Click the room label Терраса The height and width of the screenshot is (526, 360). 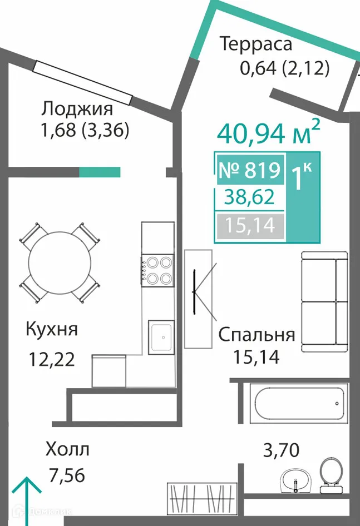click(x=255, y=44)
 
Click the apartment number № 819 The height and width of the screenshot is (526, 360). click(x=249, y=170)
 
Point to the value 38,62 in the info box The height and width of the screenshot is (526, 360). click(x=249, y=197)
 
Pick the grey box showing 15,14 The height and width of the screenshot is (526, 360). click(x=249, y=226)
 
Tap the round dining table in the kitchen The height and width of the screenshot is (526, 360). click(x=60, y=262)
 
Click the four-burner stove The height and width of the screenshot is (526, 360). click(x=158, y=269)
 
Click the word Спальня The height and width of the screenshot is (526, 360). click(x=256, y=335)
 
